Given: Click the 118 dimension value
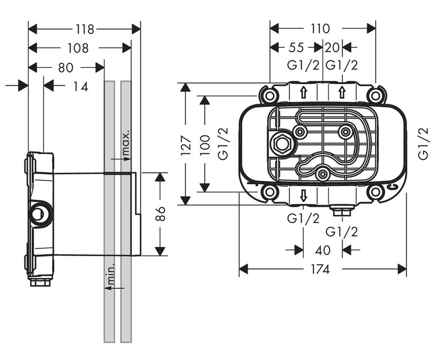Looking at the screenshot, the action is coord(85,30).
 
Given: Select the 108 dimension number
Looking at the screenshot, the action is coord(78,48).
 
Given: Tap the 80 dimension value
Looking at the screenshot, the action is coord(66,67).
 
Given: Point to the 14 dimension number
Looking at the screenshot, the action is coord(81,86).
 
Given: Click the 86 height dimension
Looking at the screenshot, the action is coord(160,214).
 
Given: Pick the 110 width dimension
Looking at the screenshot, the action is coord(320,29).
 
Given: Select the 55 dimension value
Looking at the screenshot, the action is coord(296,48).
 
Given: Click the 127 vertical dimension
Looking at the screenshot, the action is coord(186,146).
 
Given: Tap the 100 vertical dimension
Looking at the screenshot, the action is coord(205,145).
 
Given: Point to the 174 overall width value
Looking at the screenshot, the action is coord(320,270).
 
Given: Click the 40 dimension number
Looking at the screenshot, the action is coord(323,250).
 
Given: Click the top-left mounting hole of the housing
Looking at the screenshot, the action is coord(269,96).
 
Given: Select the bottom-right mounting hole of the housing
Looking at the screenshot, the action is coord(375,192).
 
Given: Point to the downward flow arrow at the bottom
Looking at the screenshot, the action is coord(303,195).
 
